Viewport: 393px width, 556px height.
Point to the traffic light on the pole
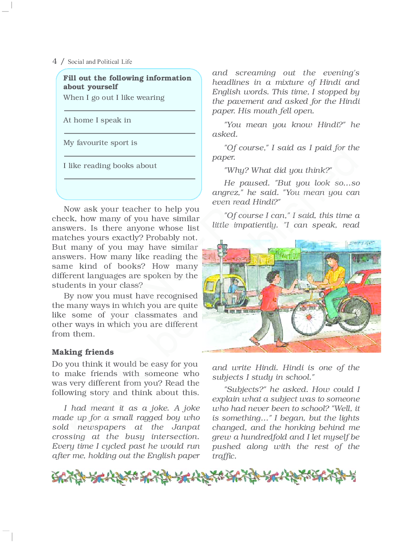(x=221, y=250)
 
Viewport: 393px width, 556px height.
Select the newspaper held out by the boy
(x=304, y=284)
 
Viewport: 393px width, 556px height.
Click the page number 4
(x=55, y=61)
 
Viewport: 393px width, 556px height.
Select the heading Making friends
(x=83, y=352)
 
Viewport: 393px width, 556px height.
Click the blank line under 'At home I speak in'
(x=130, y=133)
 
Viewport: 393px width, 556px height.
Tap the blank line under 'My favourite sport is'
(x=130, y=156)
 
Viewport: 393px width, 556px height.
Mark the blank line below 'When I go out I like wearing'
(x=130, y=111)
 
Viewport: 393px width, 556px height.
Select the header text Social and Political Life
(x=100, y=62)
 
